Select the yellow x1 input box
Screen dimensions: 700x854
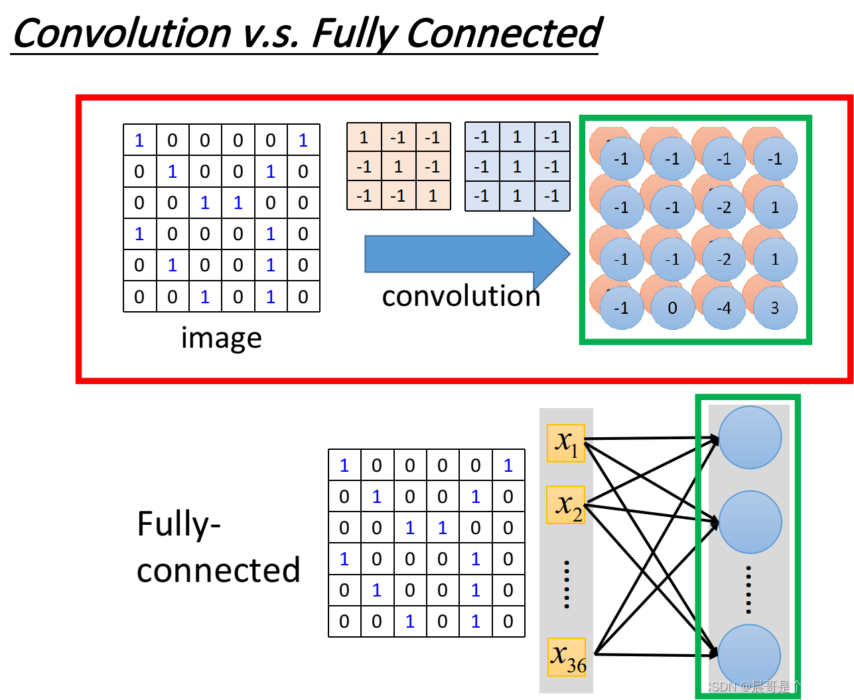click(x=566, y=443)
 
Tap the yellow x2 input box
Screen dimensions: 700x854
click(x=566, y=505)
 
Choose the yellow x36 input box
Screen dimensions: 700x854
click(x=567, y=657)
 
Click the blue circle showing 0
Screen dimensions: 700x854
click(x=673, y=308)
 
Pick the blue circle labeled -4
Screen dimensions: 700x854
click(x=724, y=308)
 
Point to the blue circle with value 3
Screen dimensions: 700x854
click(x=775, y=308)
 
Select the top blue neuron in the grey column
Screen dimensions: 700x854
click(x=750, y=437)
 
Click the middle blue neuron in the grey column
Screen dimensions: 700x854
click(x=750, y=522)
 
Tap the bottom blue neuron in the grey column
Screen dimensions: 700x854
click(x=749, y=656)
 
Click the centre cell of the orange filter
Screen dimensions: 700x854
click(x=399, y=167)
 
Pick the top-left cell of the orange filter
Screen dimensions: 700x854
click(x=364, y=137)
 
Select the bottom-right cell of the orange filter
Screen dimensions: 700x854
click(x=433, y=196)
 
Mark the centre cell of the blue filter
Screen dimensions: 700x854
click(x=518, y=167)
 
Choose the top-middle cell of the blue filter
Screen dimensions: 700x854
click(x=518, y=137)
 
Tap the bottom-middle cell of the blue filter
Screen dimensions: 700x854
click(x=518, y=196)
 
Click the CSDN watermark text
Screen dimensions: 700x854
click(x=772, y=686)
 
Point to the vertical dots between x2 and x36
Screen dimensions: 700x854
click(x=567, y=584)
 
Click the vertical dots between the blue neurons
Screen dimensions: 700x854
click(x=748, y=589)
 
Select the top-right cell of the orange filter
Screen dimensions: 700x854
click(x=433, y=137)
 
